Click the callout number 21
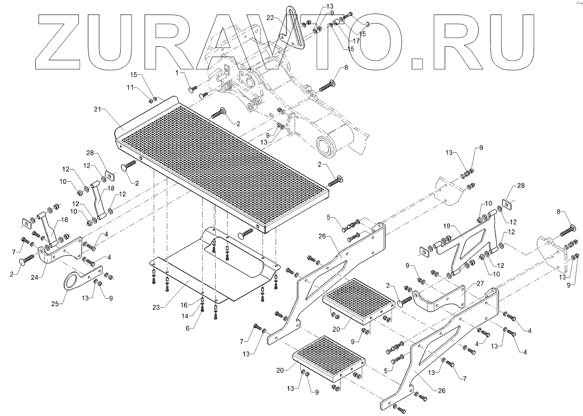click(x=97, y=110)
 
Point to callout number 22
click(x=270, y=17)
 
